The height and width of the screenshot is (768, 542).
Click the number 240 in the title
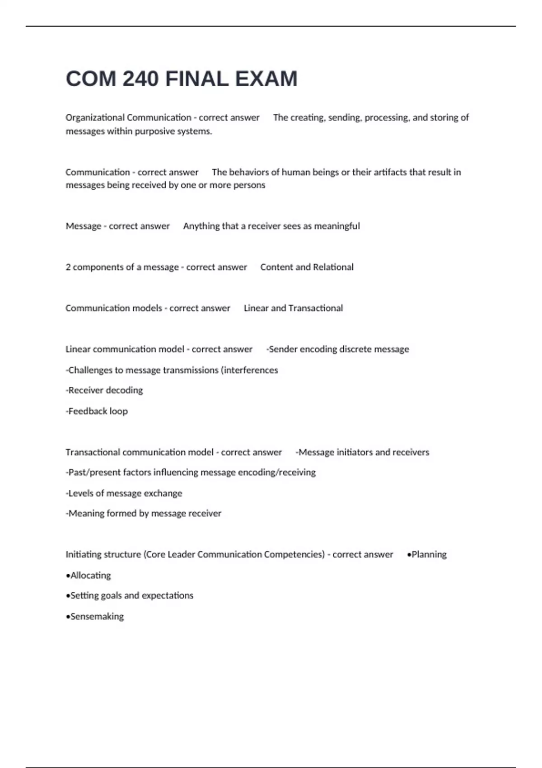(140, 79)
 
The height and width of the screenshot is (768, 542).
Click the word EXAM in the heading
(266, 79)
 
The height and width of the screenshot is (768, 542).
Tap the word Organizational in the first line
(95, 117)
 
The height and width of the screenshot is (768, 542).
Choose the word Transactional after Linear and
(315, 308)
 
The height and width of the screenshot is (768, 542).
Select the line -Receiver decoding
(104, 390)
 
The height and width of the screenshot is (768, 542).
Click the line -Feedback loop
(97, 411)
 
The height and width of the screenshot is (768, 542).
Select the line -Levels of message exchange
(124, 493)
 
